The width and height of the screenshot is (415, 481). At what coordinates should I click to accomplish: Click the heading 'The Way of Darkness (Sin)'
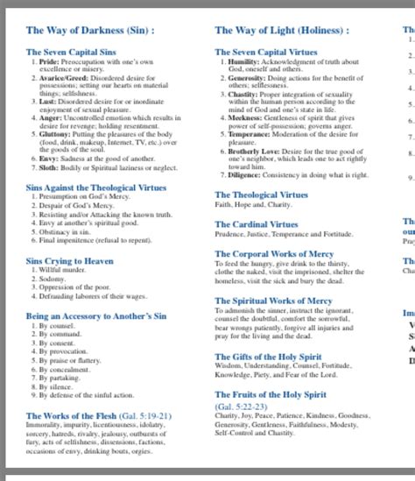click(90, 30)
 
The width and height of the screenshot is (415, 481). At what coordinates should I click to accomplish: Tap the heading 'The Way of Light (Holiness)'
click(281, 30)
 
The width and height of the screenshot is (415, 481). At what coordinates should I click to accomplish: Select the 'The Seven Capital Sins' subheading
click(72, 53)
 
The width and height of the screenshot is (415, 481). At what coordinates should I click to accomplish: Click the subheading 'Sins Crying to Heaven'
click(69, 261)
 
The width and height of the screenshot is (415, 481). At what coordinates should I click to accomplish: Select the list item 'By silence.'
click(56, 386)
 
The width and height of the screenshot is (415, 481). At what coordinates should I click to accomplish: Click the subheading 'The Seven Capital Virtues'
click(267, 53)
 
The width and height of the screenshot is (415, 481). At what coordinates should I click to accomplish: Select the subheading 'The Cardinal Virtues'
click(257, 224)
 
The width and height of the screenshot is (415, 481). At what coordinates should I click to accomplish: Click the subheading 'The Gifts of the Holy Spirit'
click(272, 357)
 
